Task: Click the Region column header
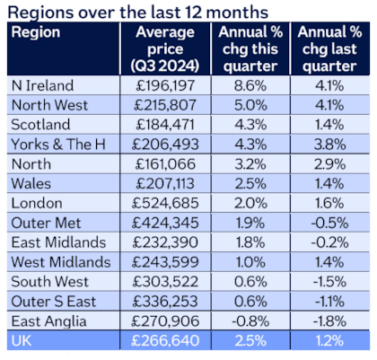(x=36, y=32)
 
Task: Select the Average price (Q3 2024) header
(x=165, y=48)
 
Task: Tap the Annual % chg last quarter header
(x=329, y=48)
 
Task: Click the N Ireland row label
(x=42, y=85)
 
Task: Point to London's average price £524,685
(x=165, y=203)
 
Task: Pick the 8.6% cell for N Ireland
(x=250, y=85)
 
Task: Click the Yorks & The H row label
(x=58, y=145)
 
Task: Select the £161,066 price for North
(x=165, y=164)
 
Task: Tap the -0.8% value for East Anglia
(x=250, y=321)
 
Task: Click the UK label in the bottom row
(x=22, y=341)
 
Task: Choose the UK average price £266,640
(x=165, y=341)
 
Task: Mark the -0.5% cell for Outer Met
(x=329, y=223)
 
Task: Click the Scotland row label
(x=40, y=125)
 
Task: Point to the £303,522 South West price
(x=165, y=282)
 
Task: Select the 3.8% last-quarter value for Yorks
(x=329, y=145)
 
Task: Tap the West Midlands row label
(x=61, y=262)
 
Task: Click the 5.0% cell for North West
(x=250, y=105)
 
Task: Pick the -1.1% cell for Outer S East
(x=329, y=302)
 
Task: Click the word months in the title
(x=237, y=13)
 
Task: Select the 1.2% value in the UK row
(x=329, y=341)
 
